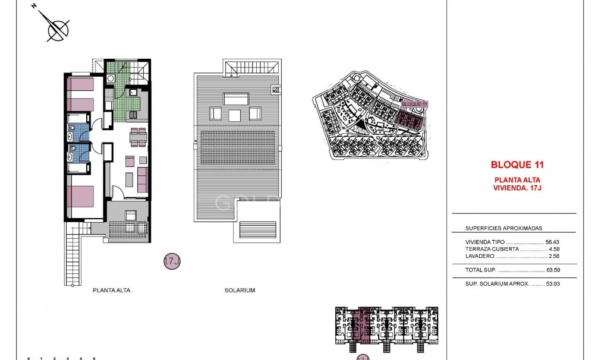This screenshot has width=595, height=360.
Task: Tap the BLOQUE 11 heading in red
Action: click(x=517, y=165)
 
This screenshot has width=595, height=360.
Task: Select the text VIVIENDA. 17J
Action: click(x=517, y=188)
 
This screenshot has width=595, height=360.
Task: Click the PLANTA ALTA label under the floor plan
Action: click(x=111, y=290)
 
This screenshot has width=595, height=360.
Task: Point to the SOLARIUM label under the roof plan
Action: click(x=240, y=290)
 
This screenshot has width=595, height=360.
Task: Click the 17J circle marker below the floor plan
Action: click(x=171, y=261)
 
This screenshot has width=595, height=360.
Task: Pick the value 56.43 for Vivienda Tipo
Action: click(x=553, y=242)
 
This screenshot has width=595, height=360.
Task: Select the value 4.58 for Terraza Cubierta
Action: click(x=555, y=250)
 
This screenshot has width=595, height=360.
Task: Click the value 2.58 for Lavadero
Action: click(x=555, y=257)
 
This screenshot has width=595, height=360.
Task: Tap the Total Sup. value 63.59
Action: click(x=553, y=270)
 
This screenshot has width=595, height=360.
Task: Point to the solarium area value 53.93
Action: click(x=553, y=284)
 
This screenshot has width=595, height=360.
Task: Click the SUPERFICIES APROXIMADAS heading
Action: click(x=503, y=228)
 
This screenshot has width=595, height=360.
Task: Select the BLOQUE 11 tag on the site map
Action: click(x=414, y=104)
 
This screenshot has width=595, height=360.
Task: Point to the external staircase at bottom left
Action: click(x=73, y=259)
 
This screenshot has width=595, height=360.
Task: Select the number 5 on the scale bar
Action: click(x=94, y=358)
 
